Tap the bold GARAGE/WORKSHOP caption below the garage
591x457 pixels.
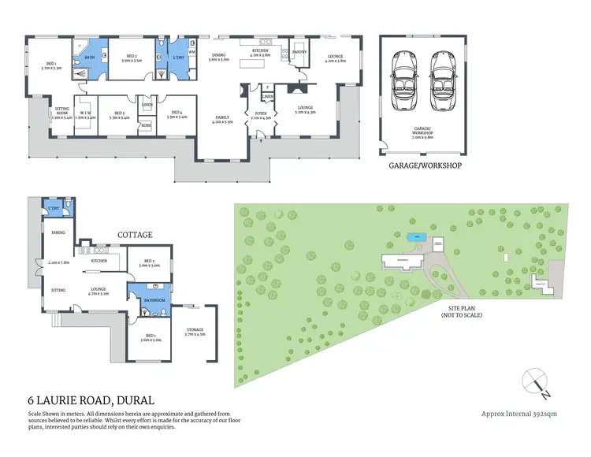pos(426,166)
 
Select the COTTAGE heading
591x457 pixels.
pos(134,235)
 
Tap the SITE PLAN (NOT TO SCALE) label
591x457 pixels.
pos(462,311)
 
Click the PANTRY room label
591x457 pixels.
pos(299,52)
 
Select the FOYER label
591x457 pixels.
pos(260,112)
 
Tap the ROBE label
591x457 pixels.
pos(146,125)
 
